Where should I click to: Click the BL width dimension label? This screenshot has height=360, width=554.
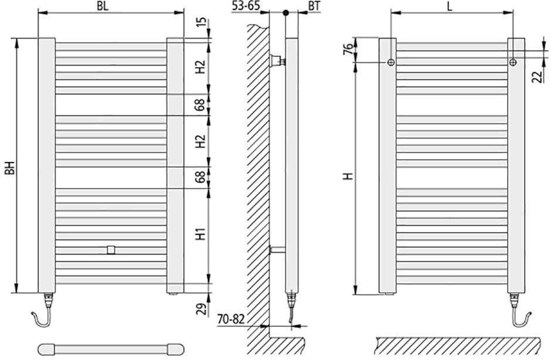tap(103, 6)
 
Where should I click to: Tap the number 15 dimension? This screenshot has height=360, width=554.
tap(200, 22)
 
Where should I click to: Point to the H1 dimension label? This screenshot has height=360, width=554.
tap(200, 234)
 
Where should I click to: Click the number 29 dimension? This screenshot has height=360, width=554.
tap(200, 310)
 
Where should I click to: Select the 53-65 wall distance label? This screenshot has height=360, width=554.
tap(246, 6)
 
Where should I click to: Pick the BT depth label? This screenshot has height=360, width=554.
tap(314, 6)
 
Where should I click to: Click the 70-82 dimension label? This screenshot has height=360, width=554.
tap(231, 319)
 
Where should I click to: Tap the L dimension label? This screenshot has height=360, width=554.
tap(450, 6)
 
